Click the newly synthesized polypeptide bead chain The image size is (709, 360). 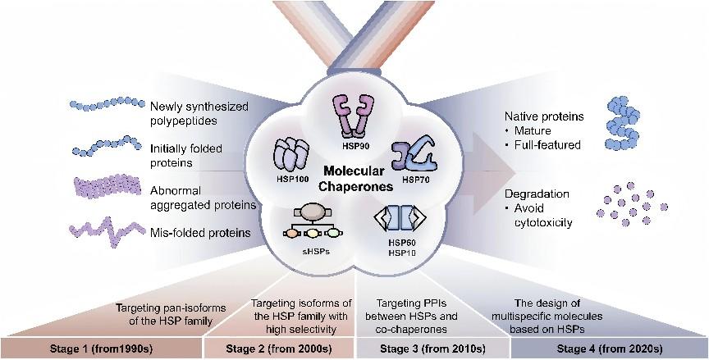[106, 106]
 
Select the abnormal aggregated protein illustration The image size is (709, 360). [107, 189]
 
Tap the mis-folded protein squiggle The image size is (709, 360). [107, 230]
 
